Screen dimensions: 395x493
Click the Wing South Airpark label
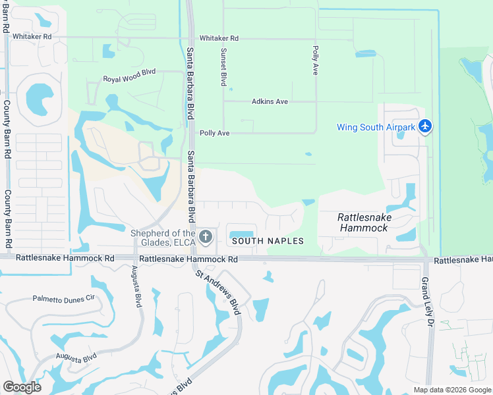pos(376,127)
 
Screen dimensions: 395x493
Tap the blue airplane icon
pos(426,125)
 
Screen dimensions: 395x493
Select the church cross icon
pos(206,237)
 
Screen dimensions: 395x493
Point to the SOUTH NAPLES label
pos(268,241)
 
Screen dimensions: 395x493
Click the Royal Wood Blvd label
pos(129,79)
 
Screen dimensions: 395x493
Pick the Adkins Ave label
pos(270,101)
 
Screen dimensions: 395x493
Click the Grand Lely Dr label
pos(425,296)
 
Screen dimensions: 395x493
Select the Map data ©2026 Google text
pos(451,390)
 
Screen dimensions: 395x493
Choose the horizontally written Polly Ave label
pos(214,133)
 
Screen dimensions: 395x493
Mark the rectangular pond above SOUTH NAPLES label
pos(241,234)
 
